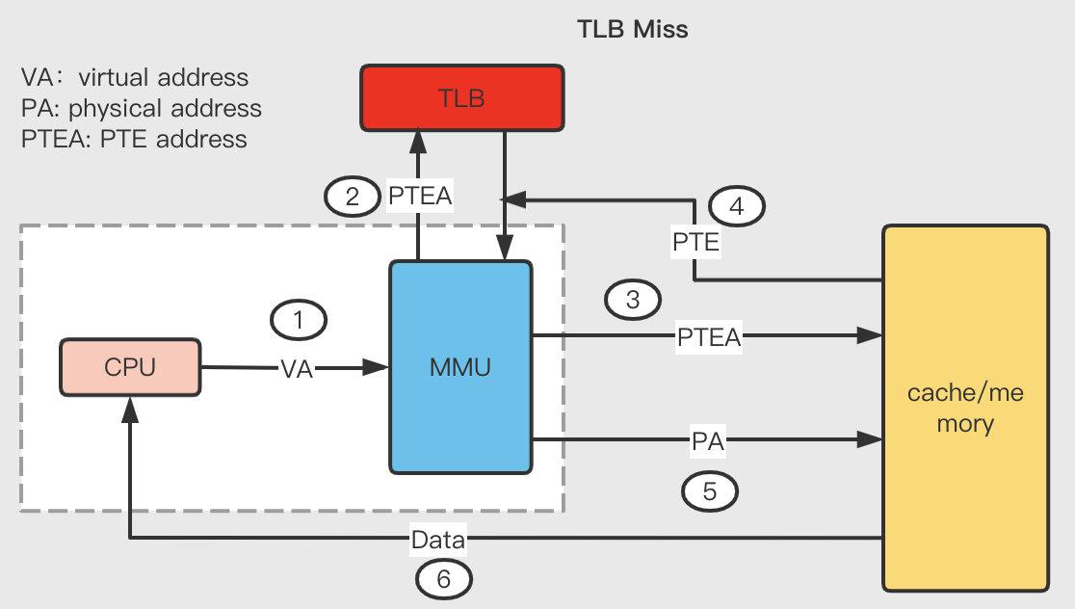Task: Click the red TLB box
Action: point(462,98)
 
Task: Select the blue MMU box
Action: point(460,367)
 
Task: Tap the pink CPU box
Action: point(130,367)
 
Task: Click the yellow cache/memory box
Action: point(965,408)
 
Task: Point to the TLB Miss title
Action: point(632,30)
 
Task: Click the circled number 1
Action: point(299,320)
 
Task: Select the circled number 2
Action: point(353,197)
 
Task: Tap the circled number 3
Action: point(633,300)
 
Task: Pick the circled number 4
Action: point(736,206)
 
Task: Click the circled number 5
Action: point(710,491)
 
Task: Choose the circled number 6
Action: point(443,579)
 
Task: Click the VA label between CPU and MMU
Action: point(297,369)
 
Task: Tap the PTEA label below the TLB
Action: point(420,197)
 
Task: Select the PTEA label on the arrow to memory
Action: point(709,337)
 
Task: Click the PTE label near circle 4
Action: point(695,242)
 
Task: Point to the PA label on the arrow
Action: point(708,441)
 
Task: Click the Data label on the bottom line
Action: point(438,540)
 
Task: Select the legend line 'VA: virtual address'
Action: point(135,77)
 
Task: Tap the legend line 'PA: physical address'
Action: point(142,108)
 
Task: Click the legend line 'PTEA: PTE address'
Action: point(135,139)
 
